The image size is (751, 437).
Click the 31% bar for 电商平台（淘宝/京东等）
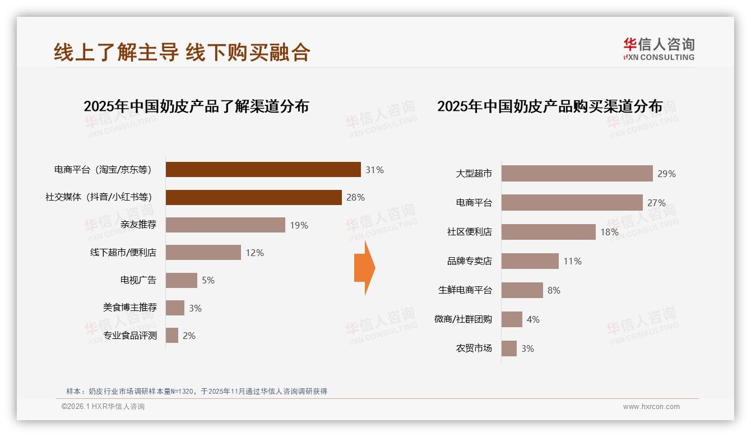[x=263, y=170]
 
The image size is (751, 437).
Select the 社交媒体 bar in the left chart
[x=253, y=197]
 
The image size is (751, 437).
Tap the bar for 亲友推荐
[x=225, y=225]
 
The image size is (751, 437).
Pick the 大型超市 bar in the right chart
[x=577, y=174]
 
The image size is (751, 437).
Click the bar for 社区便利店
[x=548, y=232]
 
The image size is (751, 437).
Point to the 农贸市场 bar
[x=509, y=348]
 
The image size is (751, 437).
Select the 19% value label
[x=299, y=225]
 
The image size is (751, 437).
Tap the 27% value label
[x=656, y=203]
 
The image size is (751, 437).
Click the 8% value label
[x=554, y=290]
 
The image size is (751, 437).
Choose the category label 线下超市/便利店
[x=123, y=253]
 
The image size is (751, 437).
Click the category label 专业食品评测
[x=130, y=336]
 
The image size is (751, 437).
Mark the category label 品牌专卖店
[x=469, y=261]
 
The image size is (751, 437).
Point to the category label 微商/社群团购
[x=463, y=319]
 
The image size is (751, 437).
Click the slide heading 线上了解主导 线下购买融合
[x=182, y=52]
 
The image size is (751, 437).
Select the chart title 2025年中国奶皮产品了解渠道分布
[x=196, y=106]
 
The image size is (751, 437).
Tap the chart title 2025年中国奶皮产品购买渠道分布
[x=550, y=106]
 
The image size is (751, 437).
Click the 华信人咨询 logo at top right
[x=659, y=49]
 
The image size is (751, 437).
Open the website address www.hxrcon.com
[x=651, y=407]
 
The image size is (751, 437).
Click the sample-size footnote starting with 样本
[x=196, y=392]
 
